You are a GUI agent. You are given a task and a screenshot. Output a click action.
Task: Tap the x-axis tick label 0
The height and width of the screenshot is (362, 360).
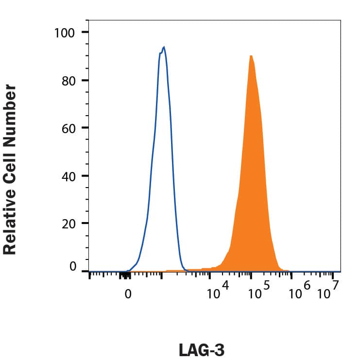128,294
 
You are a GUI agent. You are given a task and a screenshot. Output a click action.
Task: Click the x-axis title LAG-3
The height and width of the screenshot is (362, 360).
202,350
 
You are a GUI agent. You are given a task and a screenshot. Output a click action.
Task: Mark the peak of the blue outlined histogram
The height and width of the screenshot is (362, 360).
164,47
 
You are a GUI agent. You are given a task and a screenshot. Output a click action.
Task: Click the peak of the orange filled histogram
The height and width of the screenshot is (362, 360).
251,55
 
